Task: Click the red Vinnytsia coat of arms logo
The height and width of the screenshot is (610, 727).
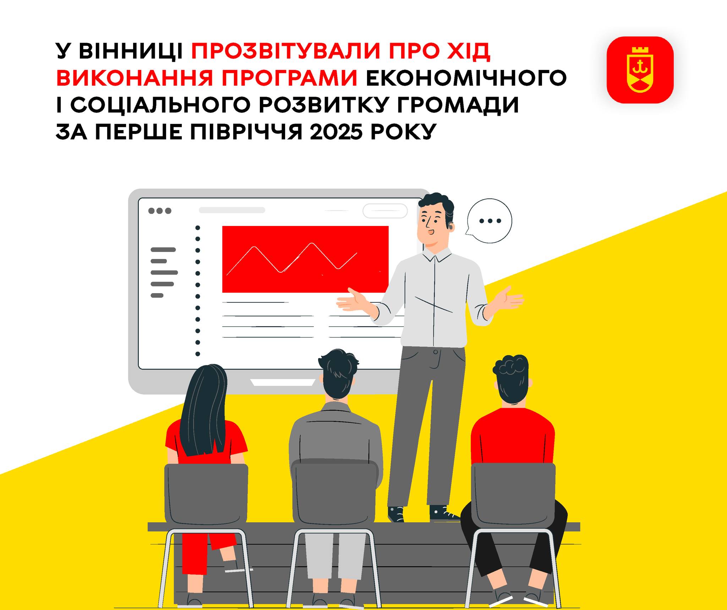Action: coord(640,70)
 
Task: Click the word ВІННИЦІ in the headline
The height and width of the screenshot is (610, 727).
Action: coord(131,51)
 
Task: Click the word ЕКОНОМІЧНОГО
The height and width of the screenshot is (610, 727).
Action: coord(466,78)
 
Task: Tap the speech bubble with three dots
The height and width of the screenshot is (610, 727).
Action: coord(489,221)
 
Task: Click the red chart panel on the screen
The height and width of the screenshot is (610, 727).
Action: coord(305,259)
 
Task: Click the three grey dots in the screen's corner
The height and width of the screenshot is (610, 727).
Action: coord(160,211)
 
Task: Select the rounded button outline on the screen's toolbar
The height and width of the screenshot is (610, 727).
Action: coord(385,211)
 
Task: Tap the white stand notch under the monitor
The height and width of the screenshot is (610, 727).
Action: coord(283,383)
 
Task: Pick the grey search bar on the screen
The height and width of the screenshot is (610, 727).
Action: coord(232,210)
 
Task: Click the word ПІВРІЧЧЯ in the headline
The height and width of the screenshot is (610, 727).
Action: coord(246,132)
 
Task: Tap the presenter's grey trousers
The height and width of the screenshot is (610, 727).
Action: coord(426,426)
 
